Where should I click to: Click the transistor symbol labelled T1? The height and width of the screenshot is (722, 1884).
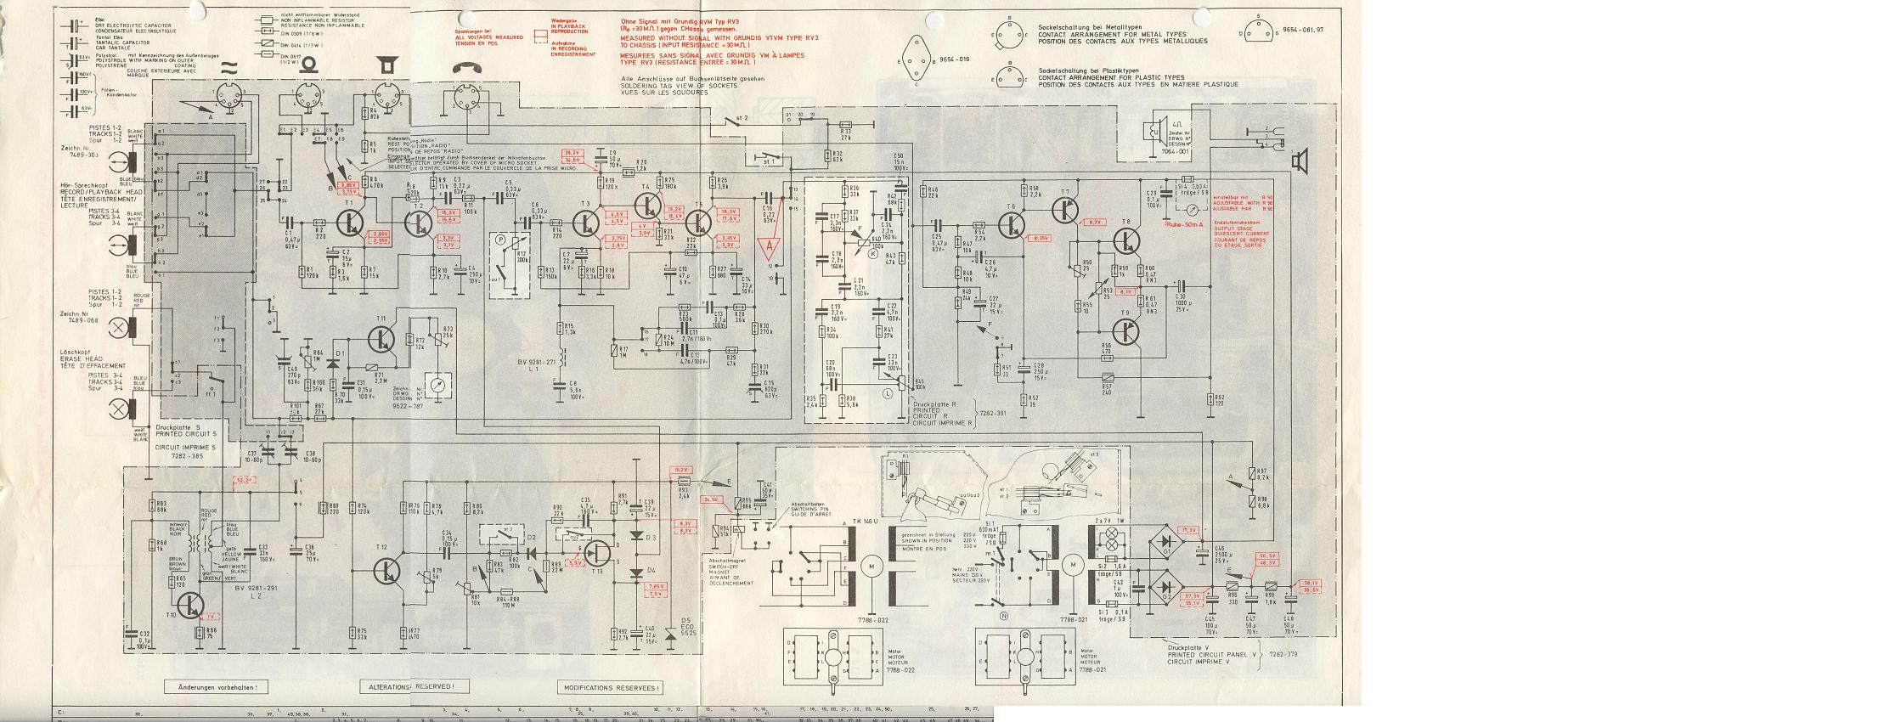[351, 223]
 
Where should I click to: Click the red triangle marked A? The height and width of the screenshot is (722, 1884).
[770, 247]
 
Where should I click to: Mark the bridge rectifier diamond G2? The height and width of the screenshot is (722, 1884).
[1165, 587]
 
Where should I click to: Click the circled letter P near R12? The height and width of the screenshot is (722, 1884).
[500, 240]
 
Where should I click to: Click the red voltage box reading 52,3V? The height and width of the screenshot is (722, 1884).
[245, 480]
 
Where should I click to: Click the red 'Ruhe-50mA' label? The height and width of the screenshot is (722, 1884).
[1187, 225]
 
